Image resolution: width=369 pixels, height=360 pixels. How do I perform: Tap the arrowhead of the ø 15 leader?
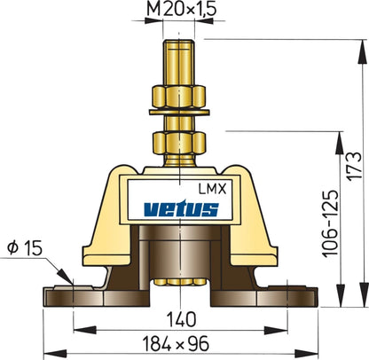click(x=65, y=282)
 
